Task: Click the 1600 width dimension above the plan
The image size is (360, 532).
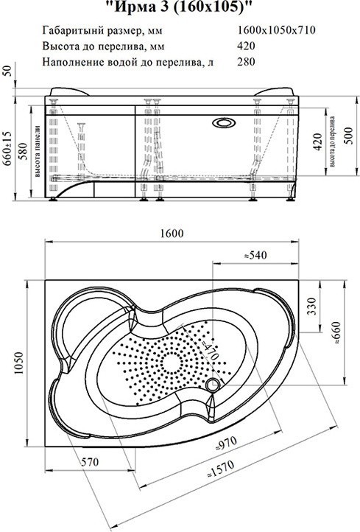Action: click(x=172, y=234)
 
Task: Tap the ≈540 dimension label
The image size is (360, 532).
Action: click(x=255, y=255)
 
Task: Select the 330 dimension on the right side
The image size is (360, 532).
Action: click(x=311, y=307)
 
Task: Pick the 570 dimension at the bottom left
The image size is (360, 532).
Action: click(x=90, y=462)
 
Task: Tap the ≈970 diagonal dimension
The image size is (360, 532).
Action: click(x=227, y=444)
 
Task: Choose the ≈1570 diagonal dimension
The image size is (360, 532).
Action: click(x=221, y=469)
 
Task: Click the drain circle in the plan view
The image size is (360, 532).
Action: click(x=213, y=385)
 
